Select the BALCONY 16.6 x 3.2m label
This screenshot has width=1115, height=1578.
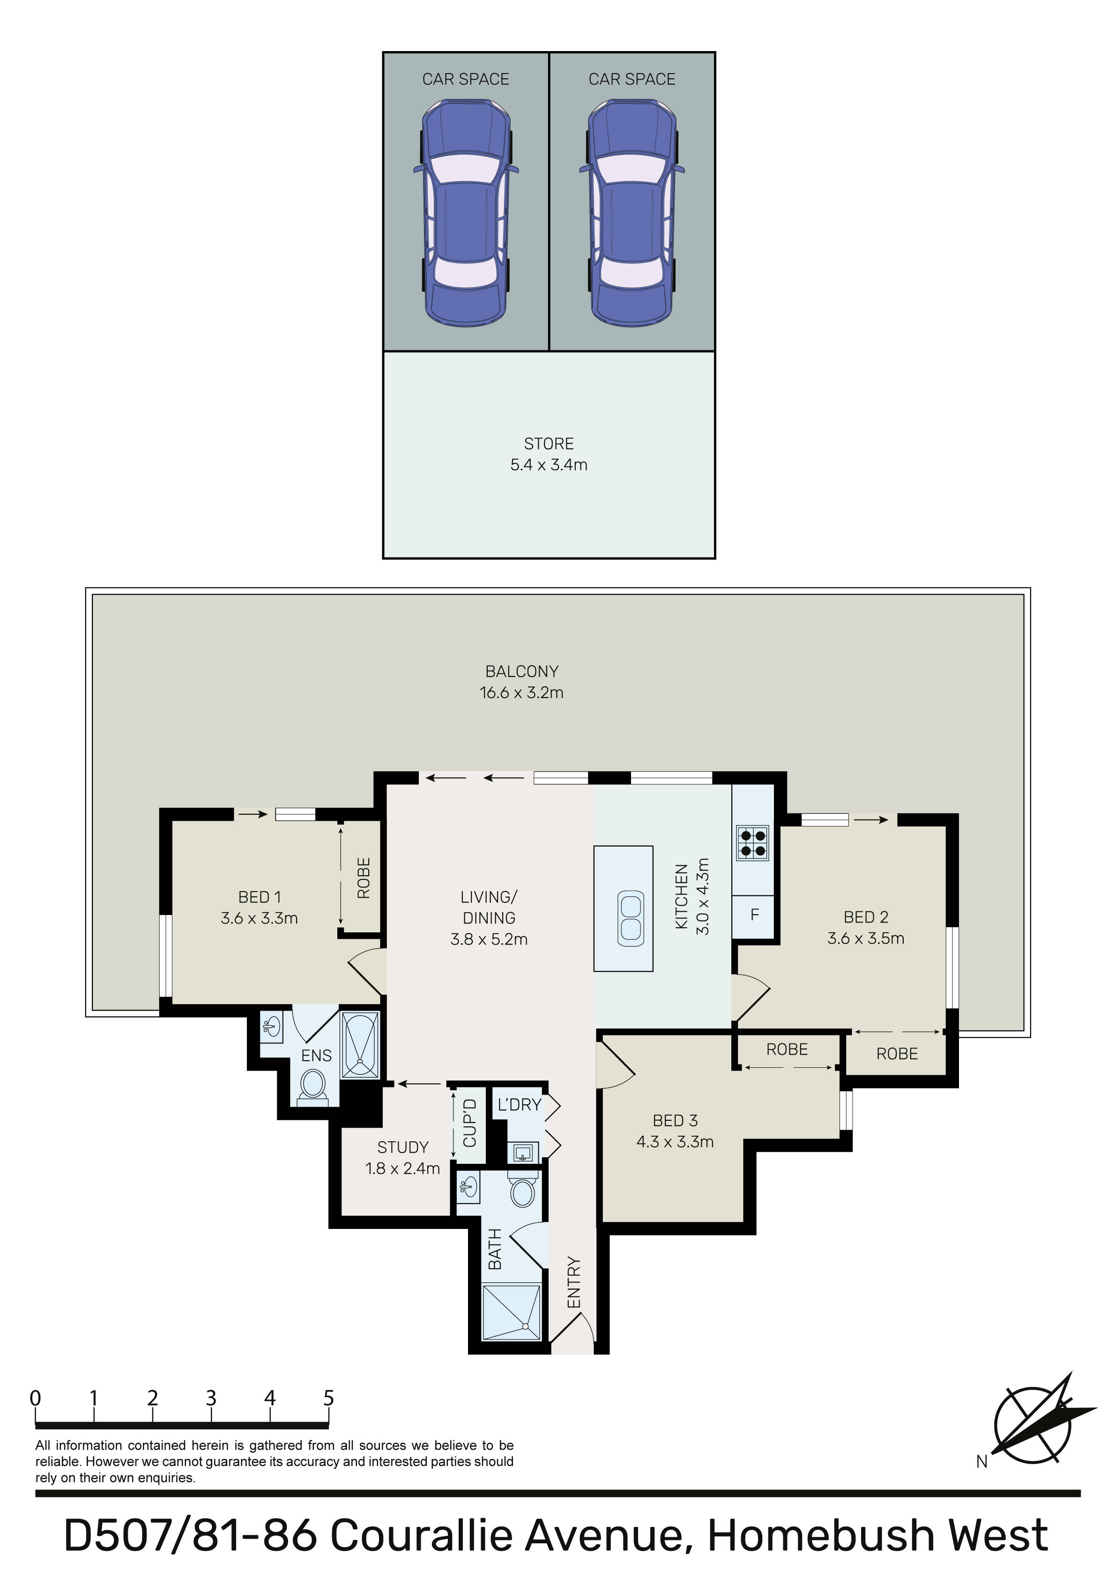click(522, 682)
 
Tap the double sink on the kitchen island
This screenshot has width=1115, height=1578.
click(631, 918)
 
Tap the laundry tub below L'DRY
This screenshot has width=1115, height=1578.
click(523, 1153)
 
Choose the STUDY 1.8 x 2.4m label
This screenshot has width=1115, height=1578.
click(403, 1157)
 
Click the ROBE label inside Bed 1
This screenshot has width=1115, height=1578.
click(364, 878)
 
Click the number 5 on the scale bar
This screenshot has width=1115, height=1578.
click(328, 1398)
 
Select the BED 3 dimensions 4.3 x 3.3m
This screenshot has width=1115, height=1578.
click(675, 1142)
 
